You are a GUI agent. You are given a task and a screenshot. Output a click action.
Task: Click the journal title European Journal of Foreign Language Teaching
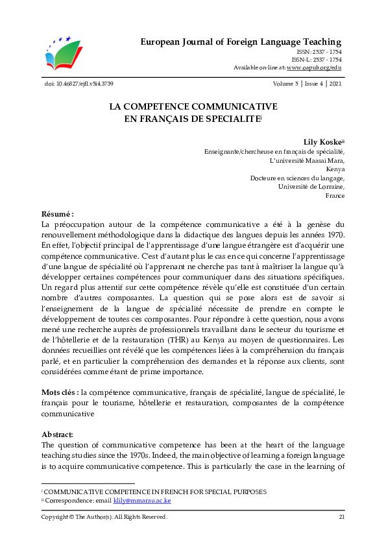click(x=241, y=42)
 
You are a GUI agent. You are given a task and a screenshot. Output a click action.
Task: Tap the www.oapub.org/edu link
click(x=314, y=67)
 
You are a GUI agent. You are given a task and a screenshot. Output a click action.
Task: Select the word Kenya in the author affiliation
click(x=335, y=168)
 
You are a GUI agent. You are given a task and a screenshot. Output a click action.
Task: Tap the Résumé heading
click(x=58, y=214)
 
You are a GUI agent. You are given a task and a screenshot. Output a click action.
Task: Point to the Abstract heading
click(x=57, y=434)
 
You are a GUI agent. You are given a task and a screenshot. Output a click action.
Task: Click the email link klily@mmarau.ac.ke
click(x=142, y=501)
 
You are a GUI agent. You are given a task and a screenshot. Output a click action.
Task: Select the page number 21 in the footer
click(x=341, y=517)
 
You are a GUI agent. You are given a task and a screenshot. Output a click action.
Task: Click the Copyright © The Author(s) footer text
click(x=104, y=517)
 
